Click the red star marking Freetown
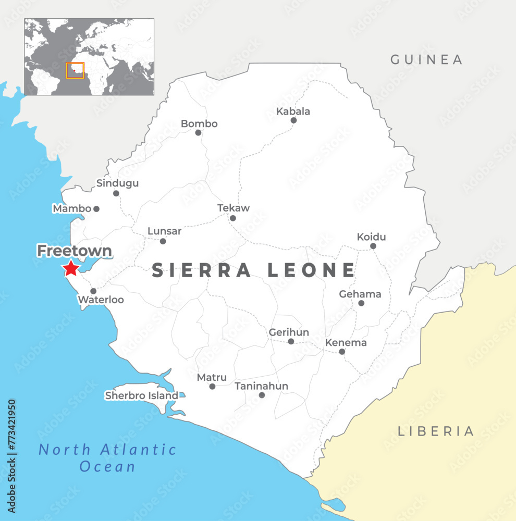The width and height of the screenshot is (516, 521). [70, 268]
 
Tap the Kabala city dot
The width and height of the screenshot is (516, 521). [293, 120]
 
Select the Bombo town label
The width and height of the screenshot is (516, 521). [199, 124]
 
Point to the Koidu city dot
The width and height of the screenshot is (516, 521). [373, 246]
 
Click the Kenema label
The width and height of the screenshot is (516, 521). [346, 343]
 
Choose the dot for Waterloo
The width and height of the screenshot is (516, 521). [93, 291]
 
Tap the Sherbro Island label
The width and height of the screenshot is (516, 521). [141, 395]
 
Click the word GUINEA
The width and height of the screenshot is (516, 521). [426, 59]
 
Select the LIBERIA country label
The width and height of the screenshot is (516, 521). [436, 431]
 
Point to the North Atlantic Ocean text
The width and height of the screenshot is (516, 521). [108, 457]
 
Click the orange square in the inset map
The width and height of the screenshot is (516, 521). [75, 70]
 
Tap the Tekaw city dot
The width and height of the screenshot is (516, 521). [232, 218]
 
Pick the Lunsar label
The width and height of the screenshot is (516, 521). [164, 231]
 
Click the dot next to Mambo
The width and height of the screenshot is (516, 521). [96, 209]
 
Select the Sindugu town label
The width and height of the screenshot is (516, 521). [117, 183]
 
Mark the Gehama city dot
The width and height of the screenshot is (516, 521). [361, 303]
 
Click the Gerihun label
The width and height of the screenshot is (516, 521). [289, 332]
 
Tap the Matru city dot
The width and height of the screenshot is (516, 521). [212, 387]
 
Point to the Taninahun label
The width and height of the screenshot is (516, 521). [261, 386]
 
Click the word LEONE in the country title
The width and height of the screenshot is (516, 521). [311, 270]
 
